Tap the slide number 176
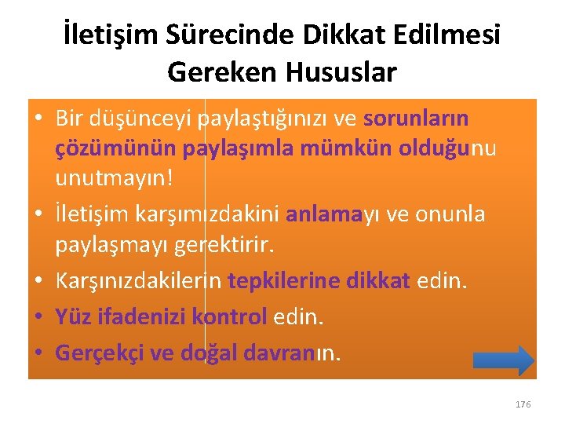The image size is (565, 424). pos(523,404)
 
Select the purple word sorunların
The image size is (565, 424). pos(416,119)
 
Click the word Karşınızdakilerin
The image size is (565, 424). pos(137,281)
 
